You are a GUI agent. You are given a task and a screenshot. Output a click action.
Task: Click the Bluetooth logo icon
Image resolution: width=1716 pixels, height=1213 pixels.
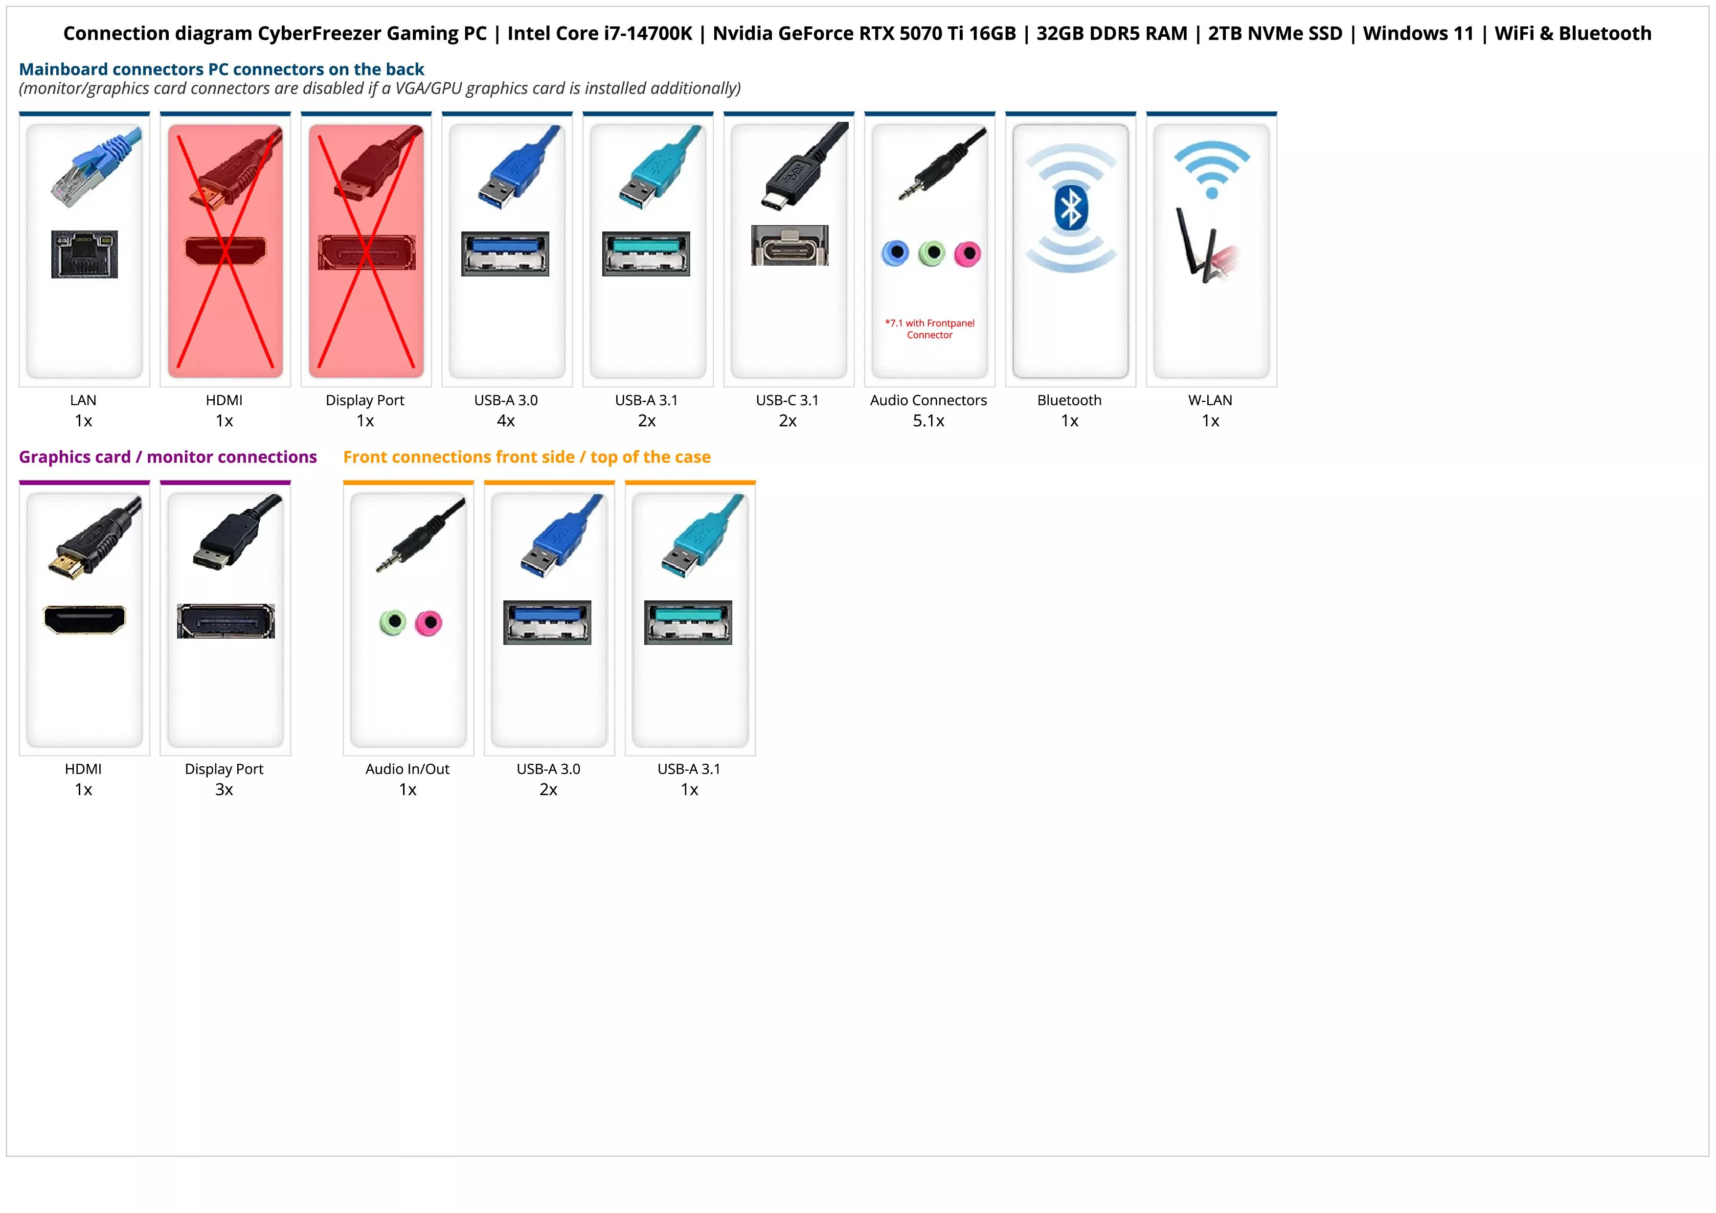point(1070,208)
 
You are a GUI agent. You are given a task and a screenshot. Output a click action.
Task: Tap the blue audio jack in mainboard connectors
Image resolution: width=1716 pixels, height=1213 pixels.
point(895,253)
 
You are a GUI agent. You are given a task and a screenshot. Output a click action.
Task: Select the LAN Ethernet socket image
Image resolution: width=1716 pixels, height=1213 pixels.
point(85,254)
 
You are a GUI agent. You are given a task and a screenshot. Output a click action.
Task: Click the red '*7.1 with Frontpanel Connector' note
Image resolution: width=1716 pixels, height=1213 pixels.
point(930,329)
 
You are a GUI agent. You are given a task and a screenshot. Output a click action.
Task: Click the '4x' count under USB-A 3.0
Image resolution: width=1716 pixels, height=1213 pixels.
point(506,421)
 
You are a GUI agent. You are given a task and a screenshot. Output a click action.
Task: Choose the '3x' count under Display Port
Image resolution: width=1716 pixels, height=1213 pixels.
point(224,789)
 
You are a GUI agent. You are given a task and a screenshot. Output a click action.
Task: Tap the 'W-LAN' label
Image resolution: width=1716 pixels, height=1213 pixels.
point(1210,400)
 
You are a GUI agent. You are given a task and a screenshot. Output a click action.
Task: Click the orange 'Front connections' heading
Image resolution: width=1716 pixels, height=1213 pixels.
point(527,457)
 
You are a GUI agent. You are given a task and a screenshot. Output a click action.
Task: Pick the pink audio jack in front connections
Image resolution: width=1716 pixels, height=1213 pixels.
point(429,622)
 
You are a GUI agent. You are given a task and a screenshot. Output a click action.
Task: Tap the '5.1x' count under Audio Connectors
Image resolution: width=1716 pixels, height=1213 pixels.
point(928,421)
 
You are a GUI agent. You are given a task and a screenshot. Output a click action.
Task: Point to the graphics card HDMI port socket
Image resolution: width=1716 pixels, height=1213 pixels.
point(85,619)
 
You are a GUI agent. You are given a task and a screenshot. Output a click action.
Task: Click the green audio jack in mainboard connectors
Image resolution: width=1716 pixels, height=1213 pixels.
point(931,253)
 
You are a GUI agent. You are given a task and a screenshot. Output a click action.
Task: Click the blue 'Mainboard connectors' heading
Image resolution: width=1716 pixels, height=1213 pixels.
point(221,69)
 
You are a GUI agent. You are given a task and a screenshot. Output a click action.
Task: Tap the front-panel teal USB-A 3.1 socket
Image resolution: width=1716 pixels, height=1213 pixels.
point(688,622)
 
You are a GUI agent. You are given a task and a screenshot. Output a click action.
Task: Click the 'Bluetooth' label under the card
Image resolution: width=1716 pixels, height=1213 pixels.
point(1069,400)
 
